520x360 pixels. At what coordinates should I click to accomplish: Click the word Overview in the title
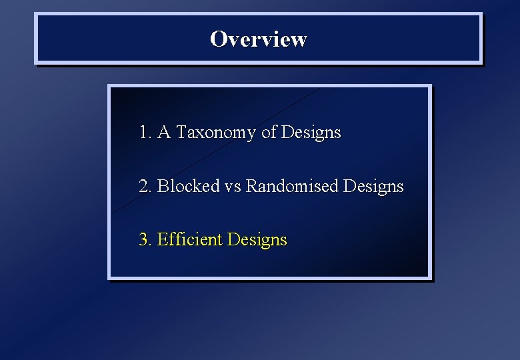tap(258, 39)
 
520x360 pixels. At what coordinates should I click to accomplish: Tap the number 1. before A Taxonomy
tap(145, 133)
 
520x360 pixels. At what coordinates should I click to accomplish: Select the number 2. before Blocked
tap(145, 186)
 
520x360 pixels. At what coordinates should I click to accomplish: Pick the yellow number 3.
tap(145, 239)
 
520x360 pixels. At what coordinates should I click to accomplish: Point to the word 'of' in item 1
tap(269, 133)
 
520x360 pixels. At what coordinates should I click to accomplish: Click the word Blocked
tap(188, 186)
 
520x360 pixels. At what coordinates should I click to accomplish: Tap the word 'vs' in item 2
tap(233, 187)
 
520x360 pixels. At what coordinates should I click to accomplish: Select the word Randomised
tap(292, 186)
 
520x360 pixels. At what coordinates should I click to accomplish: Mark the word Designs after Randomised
tap(373, 187)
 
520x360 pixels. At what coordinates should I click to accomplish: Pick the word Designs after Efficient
tap(257, 240)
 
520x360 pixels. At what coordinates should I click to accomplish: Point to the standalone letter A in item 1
tap(165, 133)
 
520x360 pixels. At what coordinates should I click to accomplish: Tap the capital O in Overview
tap(218, 39)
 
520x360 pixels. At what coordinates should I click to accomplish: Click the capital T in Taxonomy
tap(181, 133)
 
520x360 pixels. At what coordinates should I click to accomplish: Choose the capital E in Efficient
tap(162, 239)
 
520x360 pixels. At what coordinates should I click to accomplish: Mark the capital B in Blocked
tap(162, 186)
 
